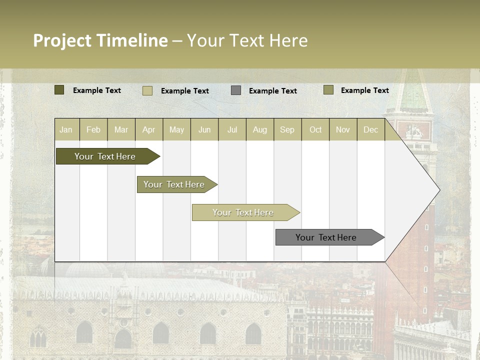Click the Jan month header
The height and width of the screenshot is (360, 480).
66,129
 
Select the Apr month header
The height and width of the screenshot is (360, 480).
149,129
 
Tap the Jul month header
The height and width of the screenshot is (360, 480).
232,129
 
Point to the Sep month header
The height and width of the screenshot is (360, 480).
287,129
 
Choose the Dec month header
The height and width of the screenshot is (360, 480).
370,129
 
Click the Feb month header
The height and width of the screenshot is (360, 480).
93,129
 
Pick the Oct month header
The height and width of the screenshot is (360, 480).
315,129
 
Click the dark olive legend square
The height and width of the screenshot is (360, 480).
59,90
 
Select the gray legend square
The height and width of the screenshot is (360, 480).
236,90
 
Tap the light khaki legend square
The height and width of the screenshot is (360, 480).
147,90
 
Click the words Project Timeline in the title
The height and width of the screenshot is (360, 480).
100,40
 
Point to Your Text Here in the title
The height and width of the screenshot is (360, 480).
247,40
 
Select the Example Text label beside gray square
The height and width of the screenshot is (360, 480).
272,91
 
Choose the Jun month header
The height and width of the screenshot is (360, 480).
204,129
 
